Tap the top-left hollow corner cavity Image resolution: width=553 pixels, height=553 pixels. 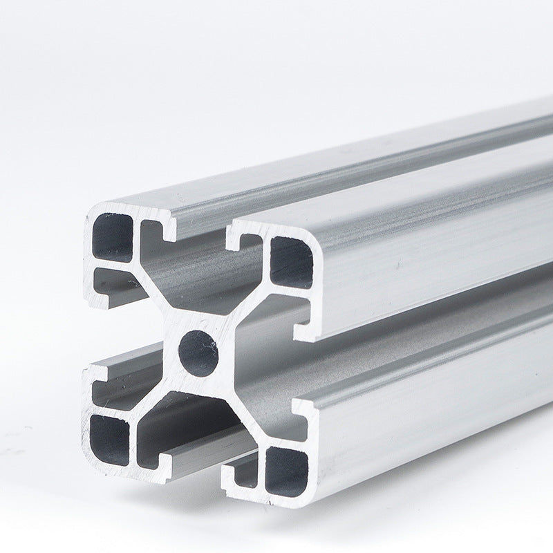112,237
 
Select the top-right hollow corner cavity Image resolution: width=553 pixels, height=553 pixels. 290,261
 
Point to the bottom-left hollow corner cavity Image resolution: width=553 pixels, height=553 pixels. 109,438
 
